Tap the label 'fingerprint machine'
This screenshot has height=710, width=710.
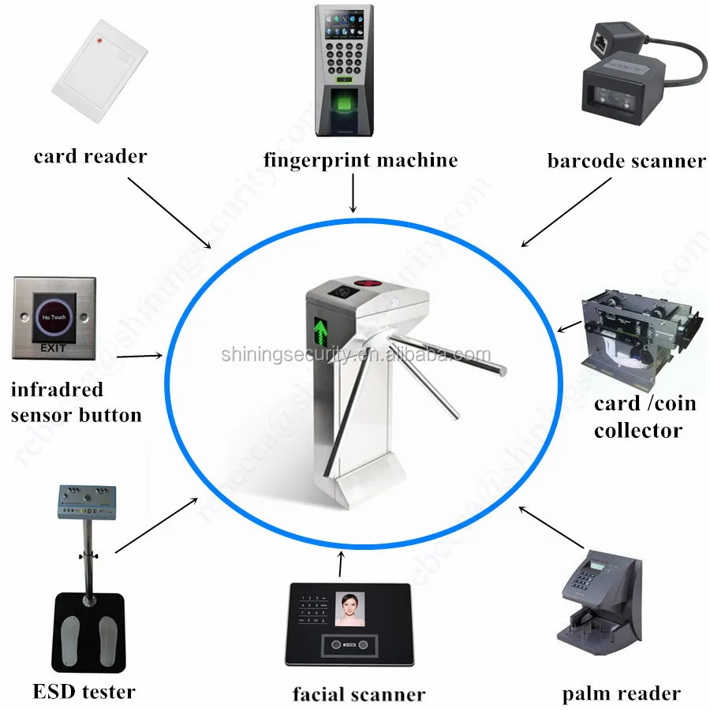pyautogui.click(x=361, y=160)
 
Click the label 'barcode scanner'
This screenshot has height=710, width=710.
pyautogui.click(x=626, y=161)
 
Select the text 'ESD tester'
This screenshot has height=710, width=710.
pyautogui.click(x=84, y=692)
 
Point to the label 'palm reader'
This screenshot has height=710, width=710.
pyautogui.click(x=621, y=694)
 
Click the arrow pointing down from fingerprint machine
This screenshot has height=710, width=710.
pyautogui.click(x=353, y=192)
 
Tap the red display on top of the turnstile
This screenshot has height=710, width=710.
pyautogui.click(x=373, y=282)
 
